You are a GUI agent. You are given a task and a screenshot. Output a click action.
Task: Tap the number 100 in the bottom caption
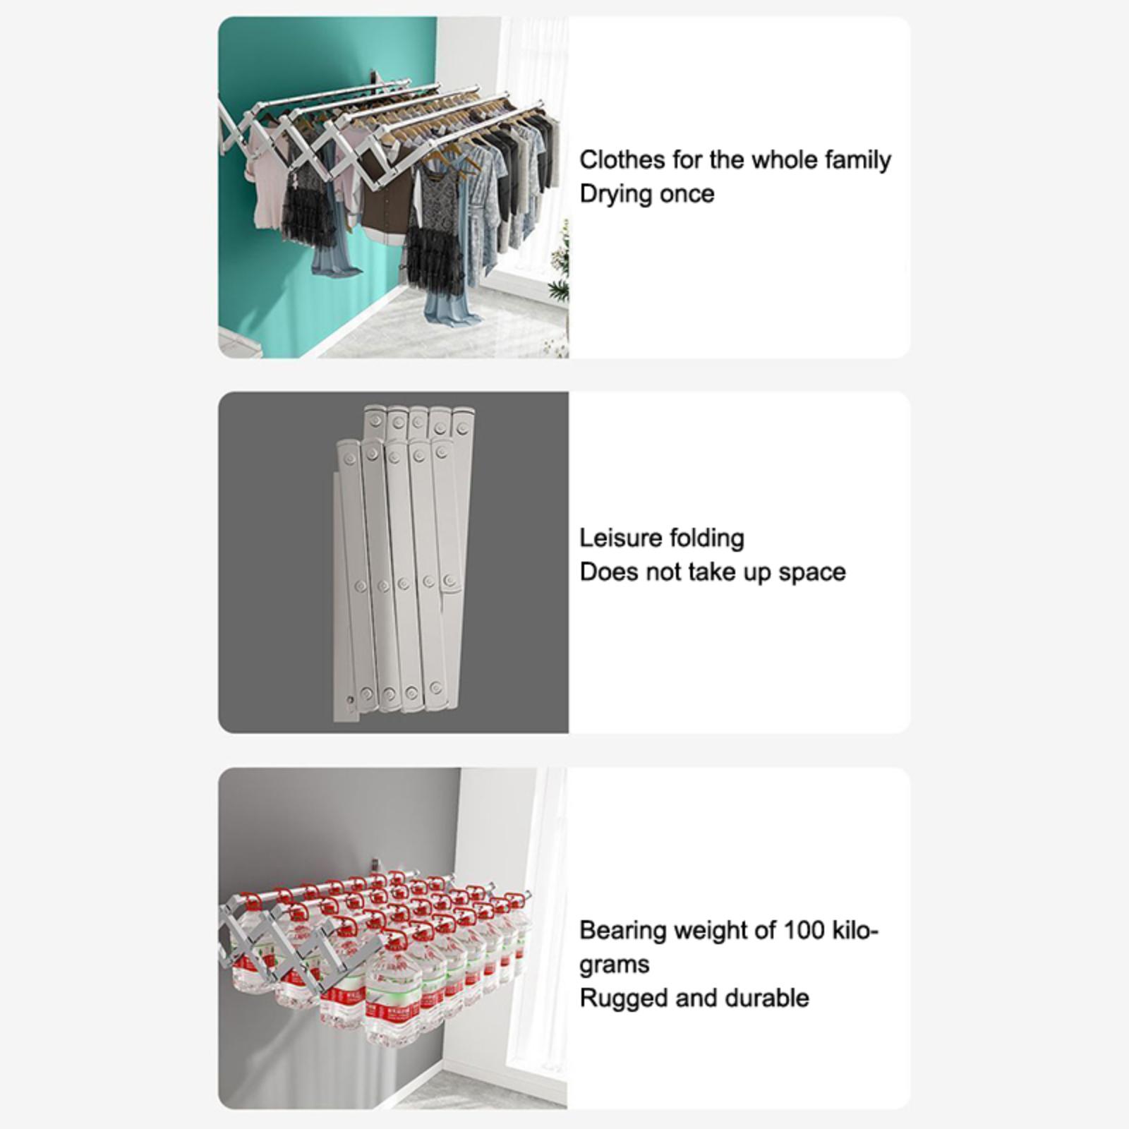coord(804,930)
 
